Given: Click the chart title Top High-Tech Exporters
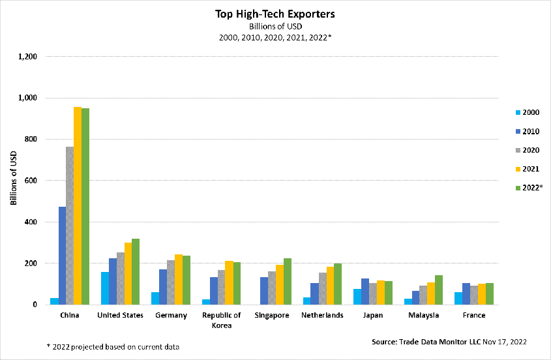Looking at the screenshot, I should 275,13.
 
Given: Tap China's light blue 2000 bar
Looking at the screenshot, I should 54,301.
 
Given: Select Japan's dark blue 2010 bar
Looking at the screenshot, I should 365,292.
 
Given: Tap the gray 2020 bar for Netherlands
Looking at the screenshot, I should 322,288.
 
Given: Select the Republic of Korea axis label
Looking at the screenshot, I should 222,320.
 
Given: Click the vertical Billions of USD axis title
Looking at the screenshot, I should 14,181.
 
